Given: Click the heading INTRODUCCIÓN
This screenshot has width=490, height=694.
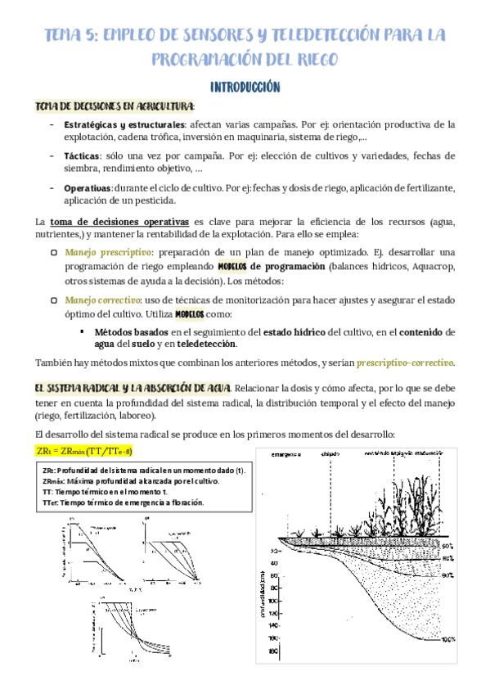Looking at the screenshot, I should click(x=245, y=87).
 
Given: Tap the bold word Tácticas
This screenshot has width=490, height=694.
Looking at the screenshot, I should click(x=81, y=155).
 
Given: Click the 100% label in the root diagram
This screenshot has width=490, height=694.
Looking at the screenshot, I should click(x=446, y=639).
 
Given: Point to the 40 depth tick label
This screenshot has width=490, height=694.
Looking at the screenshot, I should click(x=273, y=563).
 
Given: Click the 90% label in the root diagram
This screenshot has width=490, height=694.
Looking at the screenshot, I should click(x=447, y=575).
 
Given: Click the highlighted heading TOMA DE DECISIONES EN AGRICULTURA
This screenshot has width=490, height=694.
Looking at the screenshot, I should click(x=115, y=106).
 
